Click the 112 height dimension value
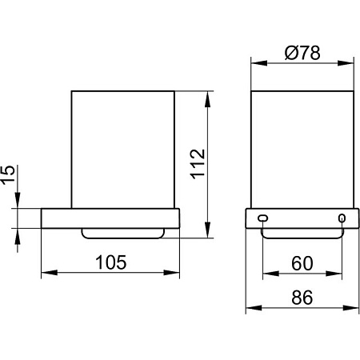[200, 164]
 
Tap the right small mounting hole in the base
[342, 218]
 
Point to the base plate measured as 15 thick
[110, 218]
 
